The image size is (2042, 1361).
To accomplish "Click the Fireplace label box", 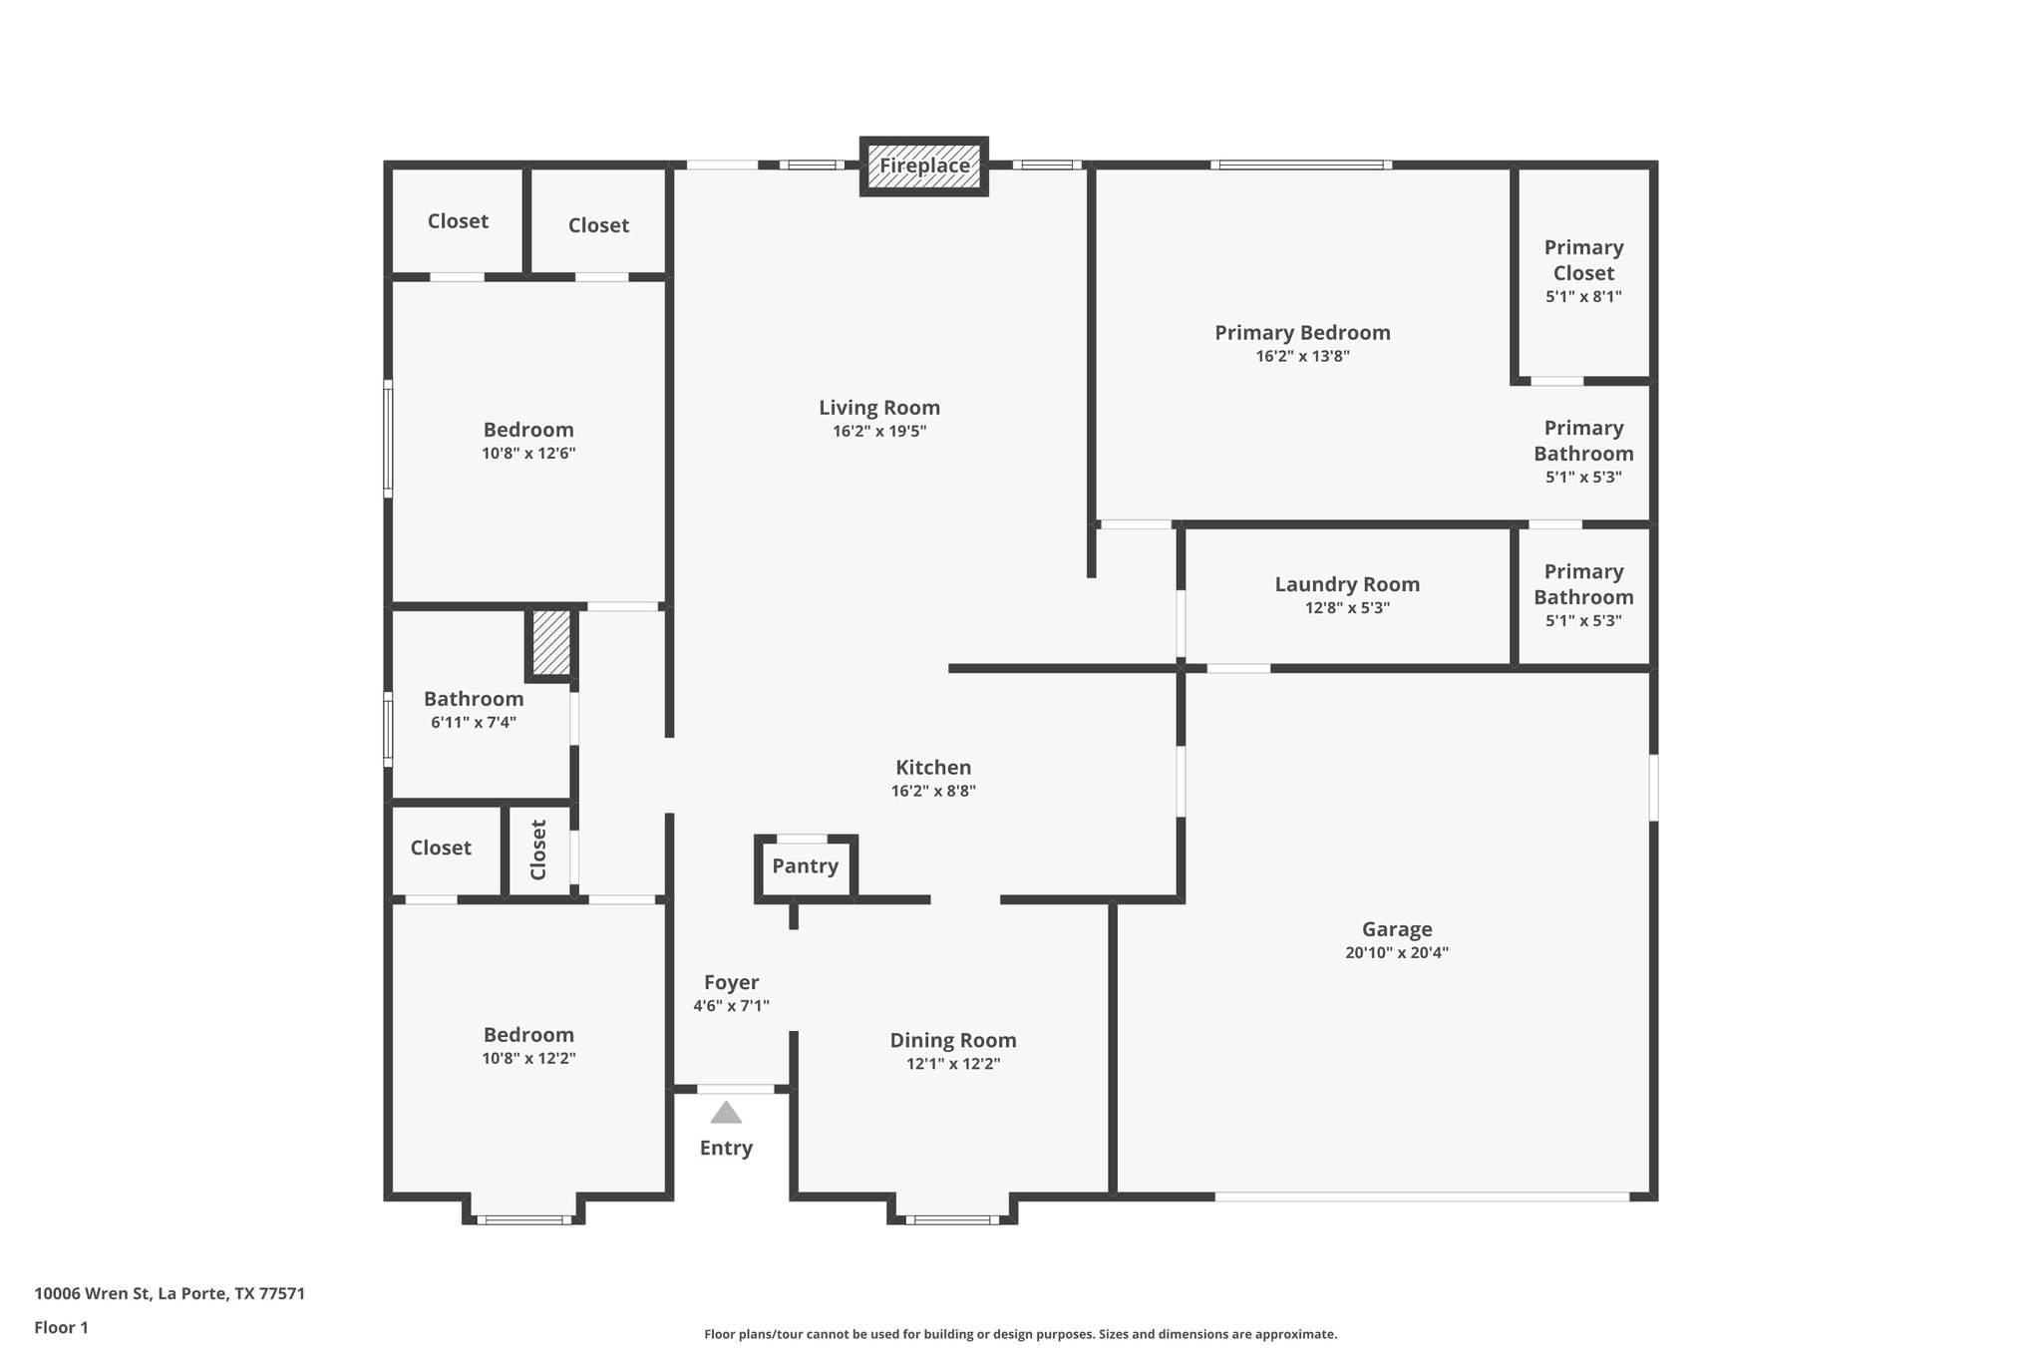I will tap(924, 166).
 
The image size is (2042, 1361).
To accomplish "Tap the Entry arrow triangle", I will tap(726, 1113).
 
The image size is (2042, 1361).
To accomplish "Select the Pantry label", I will tap(805, 865).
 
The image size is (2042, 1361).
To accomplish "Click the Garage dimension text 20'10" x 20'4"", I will tap(1396, 952).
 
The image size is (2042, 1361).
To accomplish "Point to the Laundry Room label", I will tap(1347, 584).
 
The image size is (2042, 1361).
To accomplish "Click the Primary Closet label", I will tap(1583, 259).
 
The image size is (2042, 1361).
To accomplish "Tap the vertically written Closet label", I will tap(538, 850).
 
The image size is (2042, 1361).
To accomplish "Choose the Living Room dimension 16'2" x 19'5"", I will tap(879, 431).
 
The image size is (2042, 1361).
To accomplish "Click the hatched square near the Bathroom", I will tap(550, 643).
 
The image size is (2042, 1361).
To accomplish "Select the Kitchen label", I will tap(933, 767).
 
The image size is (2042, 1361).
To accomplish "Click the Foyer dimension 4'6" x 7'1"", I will tap(731, 1006).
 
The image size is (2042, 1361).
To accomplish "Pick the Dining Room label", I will tap(953, 1040).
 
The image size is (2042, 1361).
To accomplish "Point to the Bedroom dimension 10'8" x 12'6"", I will tap(528, 453).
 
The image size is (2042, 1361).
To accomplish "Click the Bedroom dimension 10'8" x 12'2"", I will tap(528, 1058).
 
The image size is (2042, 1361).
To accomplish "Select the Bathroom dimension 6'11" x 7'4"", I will tap(473, 722).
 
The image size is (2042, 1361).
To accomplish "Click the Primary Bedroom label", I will tap(1302, 332).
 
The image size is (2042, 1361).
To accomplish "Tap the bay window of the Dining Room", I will tap(952, 1218).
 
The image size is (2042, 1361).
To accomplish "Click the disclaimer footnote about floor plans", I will tap(1020, 1334).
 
